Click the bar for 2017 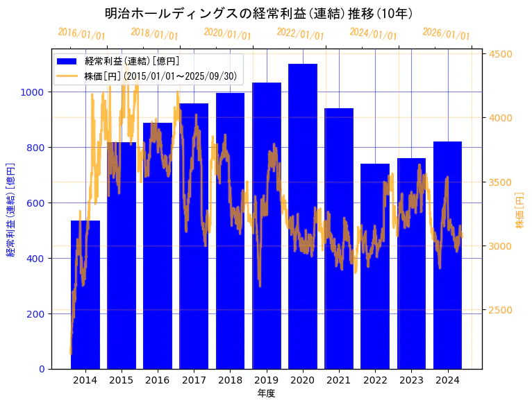(194, 236)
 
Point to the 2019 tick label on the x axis (267, 379)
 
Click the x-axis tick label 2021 (339, 379)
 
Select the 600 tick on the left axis (35, 203)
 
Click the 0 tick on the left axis (42, 369)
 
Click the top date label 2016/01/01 (81, 34)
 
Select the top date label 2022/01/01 (300, 34)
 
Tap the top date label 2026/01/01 (446, 34)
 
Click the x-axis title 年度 (266, 393)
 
